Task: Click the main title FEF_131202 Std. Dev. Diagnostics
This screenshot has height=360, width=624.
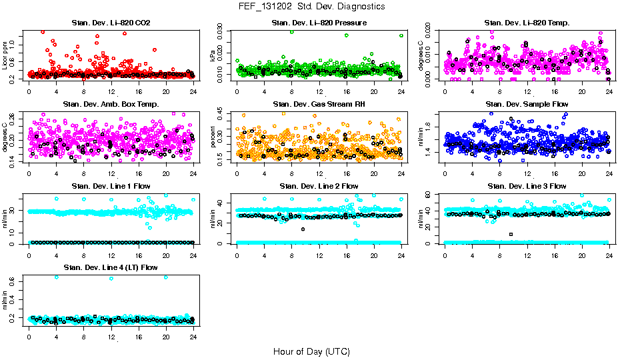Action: point(311,7)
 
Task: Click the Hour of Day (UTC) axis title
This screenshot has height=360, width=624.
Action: point(311,351)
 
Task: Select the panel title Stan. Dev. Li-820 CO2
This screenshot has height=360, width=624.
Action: point(111,23)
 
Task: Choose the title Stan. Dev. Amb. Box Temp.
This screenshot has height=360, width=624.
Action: point(111,105)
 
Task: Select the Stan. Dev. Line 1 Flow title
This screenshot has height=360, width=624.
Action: point(111,186)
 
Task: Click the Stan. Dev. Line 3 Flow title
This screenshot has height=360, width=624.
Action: point(527,186)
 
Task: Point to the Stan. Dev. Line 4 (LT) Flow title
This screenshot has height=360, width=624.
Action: point(111,268)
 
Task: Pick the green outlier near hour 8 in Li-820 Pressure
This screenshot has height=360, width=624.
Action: point(291,32)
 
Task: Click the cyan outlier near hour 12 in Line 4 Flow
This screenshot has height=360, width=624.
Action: point(111,279)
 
